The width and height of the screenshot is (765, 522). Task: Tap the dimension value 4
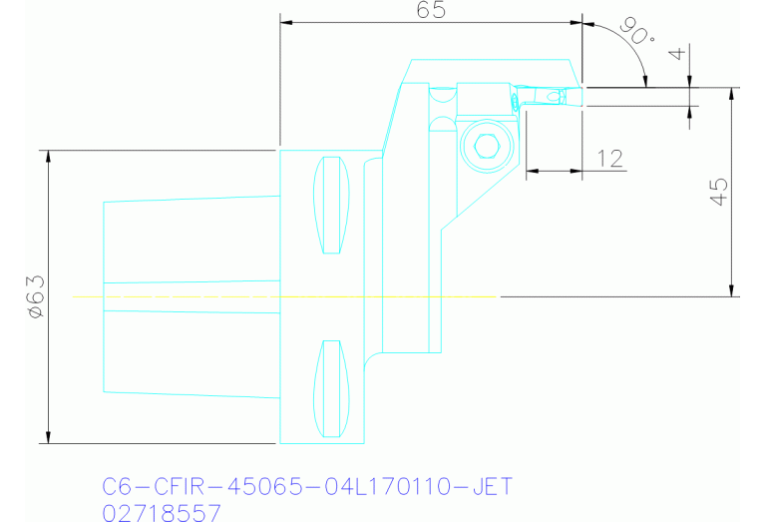680,55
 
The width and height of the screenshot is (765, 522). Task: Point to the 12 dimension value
609,158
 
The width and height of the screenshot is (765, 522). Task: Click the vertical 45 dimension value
717,191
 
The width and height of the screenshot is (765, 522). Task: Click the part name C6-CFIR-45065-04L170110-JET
307,487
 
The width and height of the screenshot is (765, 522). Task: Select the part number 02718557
163,512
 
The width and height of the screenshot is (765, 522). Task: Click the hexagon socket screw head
487,147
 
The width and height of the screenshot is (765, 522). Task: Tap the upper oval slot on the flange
332,205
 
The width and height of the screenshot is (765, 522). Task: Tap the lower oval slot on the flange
332,389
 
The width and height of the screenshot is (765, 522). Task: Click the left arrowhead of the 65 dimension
286,21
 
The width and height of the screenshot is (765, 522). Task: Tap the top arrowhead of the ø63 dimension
47,156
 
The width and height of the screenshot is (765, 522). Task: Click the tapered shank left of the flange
190,296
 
